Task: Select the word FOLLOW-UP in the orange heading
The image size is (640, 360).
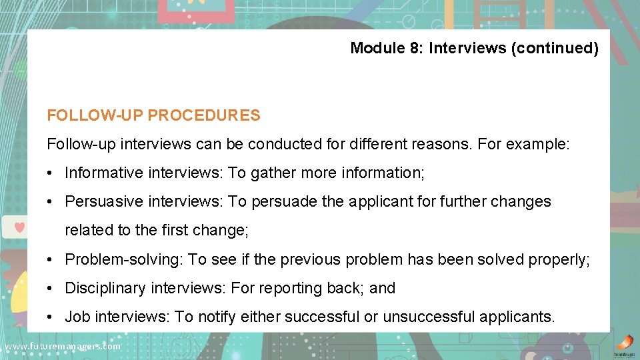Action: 95,115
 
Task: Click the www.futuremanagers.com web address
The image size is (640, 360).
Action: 62,347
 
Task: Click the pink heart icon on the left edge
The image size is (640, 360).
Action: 19,227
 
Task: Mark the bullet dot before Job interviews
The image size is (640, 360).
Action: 51,317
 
